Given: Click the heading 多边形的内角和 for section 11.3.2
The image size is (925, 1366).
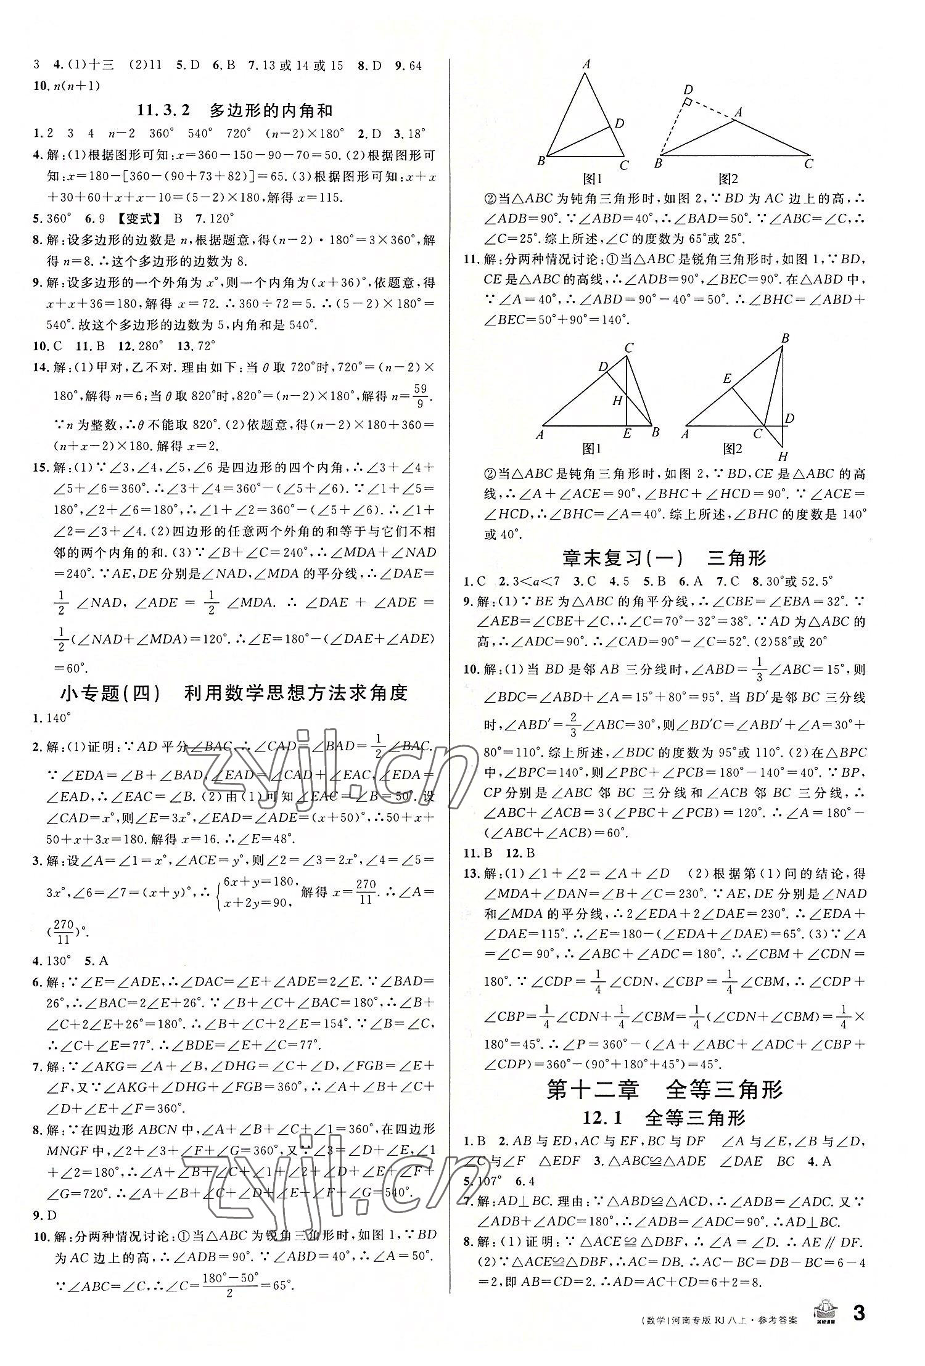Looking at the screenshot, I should coord(271,111).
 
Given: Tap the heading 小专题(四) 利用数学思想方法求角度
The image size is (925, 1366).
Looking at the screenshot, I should coord(234,693).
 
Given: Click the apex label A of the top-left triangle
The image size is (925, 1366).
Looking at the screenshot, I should coord(586,64).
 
